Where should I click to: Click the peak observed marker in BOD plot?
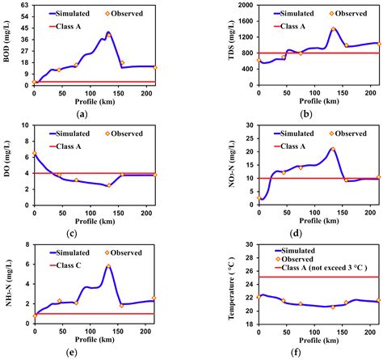[108, 34]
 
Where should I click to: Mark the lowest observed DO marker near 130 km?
[108, 185]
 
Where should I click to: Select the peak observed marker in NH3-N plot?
[108, 266]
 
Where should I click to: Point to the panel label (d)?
[305, 235]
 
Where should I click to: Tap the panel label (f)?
[305, 354]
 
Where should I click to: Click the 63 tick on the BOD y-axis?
[24, 5]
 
